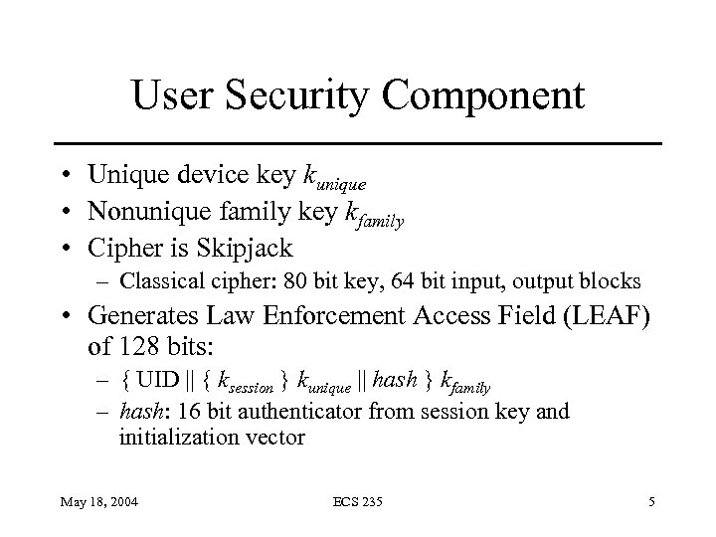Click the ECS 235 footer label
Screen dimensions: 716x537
point(357,503)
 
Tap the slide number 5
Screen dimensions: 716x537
point(650,503)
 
